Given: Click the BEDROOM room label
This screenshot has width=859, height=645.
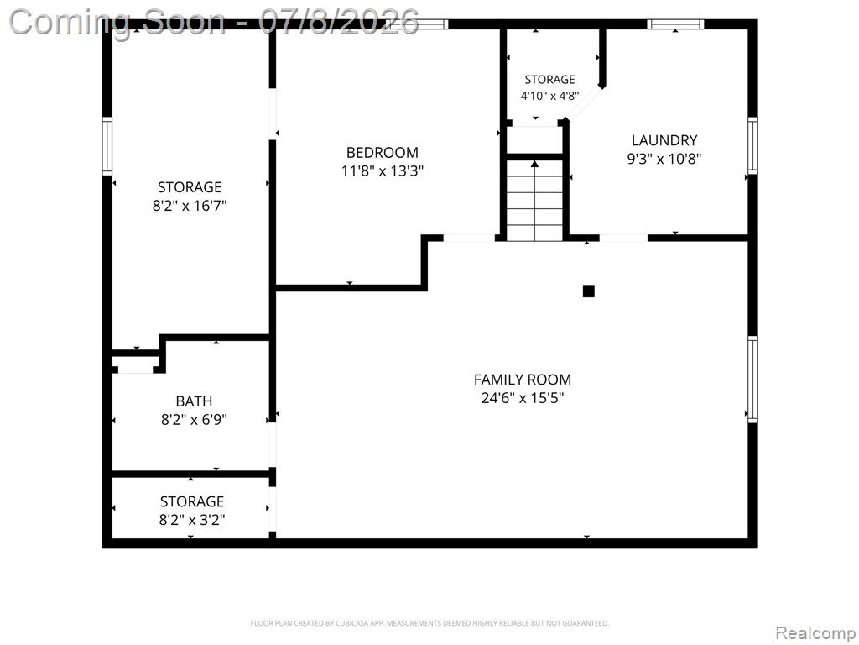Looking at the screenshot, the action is click(x=382, y=153).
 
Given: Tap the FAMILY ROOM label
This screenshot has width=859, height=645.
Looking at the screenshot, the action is click(x=522, y=380).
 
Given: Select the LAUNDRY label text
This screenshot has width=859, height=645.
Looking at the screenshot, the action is click(x=664, y=140).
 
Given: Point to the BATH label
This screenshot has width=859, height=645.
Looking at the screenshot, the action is click(x=194, y=401).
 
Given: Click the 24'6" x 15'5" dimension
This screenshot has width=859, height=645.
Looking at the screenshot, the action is click(x=522, y=397).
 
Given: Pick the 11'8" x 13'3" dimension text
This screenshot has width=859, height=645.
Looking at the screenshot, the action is click(x=383, y=171).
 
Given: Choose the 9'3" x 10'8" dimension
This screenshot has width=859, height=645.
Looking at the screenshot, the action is click(x=664, y=159).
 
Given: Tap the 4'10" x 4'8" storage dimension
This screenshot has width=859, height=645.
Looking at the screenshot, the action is click(x=549, y=96).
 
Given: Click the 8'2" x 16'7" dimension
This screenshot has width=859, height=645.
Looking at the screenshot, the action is click(x=190, y=207).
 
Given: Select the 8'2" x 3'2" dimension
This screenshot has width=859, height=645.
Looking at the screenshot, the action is click(x=192, y=520).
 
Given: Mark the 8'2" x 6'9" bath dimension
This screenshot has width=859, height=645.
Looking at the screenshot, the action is click(x=194, y=420).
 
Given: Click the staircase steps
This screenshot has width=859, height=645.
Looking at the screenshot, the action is click(x=534, y=200).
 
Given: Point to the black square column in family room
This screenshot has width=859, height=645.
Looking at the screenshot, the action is click(x=588, y=291).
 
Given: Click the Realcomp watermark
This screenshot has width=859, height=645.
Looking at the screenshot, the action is click(x=815, y=632).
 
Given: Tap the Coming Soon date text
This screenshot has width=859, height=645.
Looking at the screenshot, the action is click(x=214, y=22).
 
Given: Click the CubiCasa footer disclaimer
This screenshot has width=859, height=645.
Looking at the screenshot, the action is click(x=429, y=623).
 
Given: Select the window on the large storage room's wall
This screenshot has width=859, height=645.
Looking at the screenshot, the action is click(x=107, y=146).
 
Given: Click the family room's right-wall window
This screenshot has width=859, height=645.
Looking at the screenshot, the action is click(x=752, y=380).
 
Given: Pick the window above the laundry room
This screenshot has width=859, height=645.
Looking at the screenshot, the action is click(x=675, y=24).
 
